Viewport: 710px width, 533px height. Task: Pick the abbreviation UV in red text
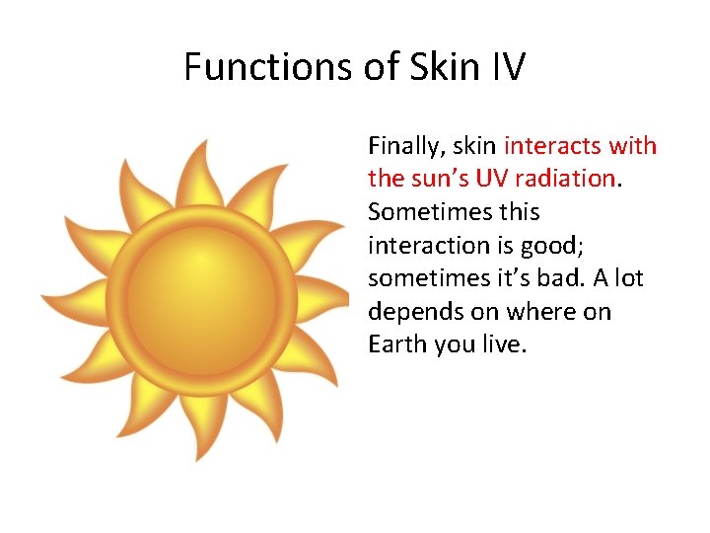(x=492, y=180)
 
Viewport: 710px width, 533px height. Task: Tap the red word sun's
(x=437, y=180)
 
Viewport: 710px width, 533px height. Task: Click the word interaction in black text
(x=426, y=246)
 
